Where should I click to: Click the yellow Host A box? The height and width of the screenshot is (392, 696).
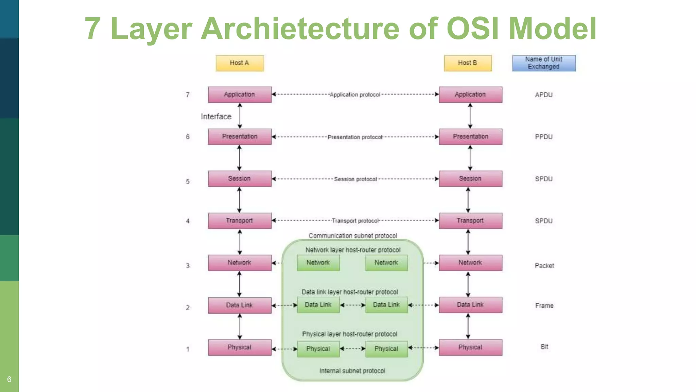click(240, 63)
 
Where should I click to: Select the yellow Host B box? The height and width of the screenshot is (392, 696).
click(468, 63)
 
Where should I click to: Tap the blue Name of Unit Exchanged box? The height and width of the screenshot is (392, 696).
click(544, 63)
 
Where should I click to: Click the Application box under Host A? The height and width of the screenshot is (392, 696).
click(240, 95)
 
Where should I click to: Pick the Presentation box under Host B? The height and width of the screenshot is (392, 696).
click(470, 137)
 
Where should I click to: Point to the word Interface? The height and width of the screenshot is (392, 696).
click(216, 117)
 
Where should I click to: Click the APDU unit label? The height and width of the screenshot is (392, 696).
click(544, 95)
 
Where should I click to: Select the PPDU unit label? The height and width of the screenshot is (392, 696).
click(544, 137)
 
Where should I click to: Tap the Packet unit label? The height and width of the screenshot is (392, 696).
click(544, 266)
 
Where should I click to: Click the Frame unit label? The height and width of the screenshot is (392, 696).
click(544, 306)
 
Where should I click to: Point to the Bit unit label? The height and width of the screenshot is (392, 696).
click(544, 347)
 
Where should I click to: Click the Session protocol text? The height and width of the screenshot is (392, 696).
click(355, 179)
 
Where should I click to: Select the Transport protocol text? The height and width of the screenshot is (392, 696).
click(355, 221)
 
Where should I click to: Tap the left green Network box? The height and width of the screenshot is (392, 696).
click(318, 263)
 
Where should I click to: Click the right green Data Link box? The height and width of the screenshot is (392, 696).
click(386, 305)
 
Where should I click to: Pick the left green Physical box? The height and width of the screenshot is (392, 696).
click(318, 349)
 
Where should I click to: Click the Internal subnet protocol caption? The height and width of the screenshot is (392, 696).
click(352, 371)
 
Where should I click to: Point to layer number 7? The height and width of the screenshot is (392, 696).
click(188, 95)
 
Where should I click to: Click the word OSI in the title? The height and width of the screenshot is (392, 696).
click(473, 29)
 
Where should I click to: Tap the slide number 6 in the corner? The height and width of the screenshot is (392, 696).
click(9, 379)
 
